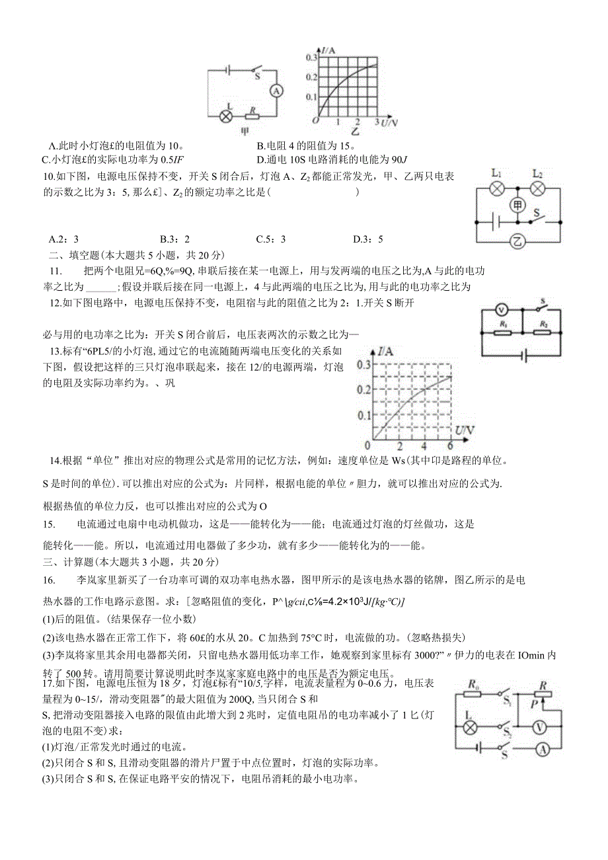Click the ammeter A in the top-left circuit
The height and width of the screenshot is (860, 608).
278,91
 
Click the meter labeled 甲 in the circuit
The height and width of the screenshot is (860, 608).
518,206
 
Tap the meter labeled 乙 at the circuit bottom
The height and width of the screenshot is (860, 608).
518,241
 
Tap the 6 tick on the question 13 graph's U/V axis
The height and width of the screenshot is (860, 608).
451,446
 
